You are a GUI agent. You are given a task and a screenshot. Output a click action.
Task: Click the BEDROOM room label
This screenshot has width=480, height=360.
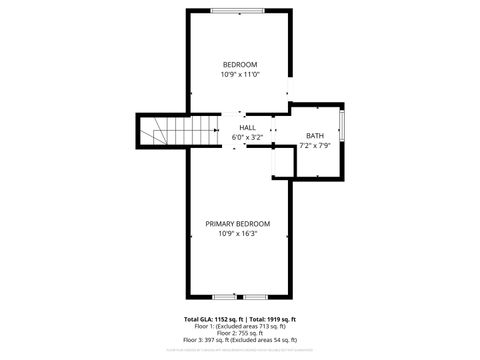(x=239, y=64)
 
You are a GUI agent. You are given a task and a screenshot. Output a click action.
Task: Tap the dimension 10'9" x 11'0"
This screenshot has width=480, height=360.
(x=239, y=74)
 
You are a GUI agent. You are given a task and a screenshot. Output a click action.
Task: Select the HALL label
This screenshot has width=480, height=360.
(x=247, y=127)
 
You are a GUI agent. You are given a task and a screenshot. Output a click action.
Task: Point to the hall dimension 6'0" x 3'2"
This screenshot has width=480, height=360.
(x=247, y=136)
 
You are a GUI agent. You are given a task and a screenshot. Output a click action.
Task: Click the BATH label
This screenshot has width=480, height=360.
(x=315, y=136)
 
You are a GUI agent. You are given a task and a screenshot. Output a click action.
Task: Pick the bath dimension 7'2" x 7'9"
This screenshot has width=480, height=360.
(x=315, y=146)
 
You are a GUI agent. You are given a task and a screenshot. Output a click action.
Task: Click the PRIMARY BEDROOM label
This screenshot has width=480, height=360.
(x=238, y=223)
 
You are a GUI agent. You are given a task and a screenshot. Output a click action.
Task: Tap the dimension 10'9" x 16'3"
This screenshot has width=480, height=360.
(x=238, y=233)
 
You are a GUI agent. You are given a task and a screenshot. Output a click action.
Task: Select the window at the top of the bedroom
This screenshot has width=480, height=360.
(x=238, y=10)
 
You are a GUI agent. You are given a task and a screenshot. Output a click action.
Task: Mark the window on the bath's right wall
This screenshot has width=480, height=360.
(x=342, y=128)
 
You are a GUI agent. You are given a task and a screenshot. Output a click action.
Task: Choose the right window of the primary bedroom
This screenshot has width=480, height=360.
(x=254, y=297)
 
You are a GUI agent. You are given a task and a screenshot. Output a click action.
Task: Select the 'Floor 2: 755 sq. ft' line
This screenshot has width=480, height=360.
(x=239, y=333)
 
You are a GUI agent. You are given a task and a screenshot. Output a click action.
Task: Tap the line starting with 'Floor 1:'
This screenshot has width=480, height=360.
(x=239, y=326)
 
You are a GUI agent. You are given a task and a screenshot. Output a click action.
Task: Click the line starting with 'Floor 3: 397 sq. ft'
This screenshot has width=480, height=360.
(x=239, y=340)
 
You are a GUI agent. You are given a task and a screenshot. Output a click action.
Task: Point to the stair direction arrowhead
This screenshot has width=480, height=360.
(x=213, y=129)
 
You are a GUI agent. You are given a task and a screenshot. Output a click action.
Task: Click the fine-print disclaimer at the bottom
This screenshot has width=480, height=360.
(x=239, y=350)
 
